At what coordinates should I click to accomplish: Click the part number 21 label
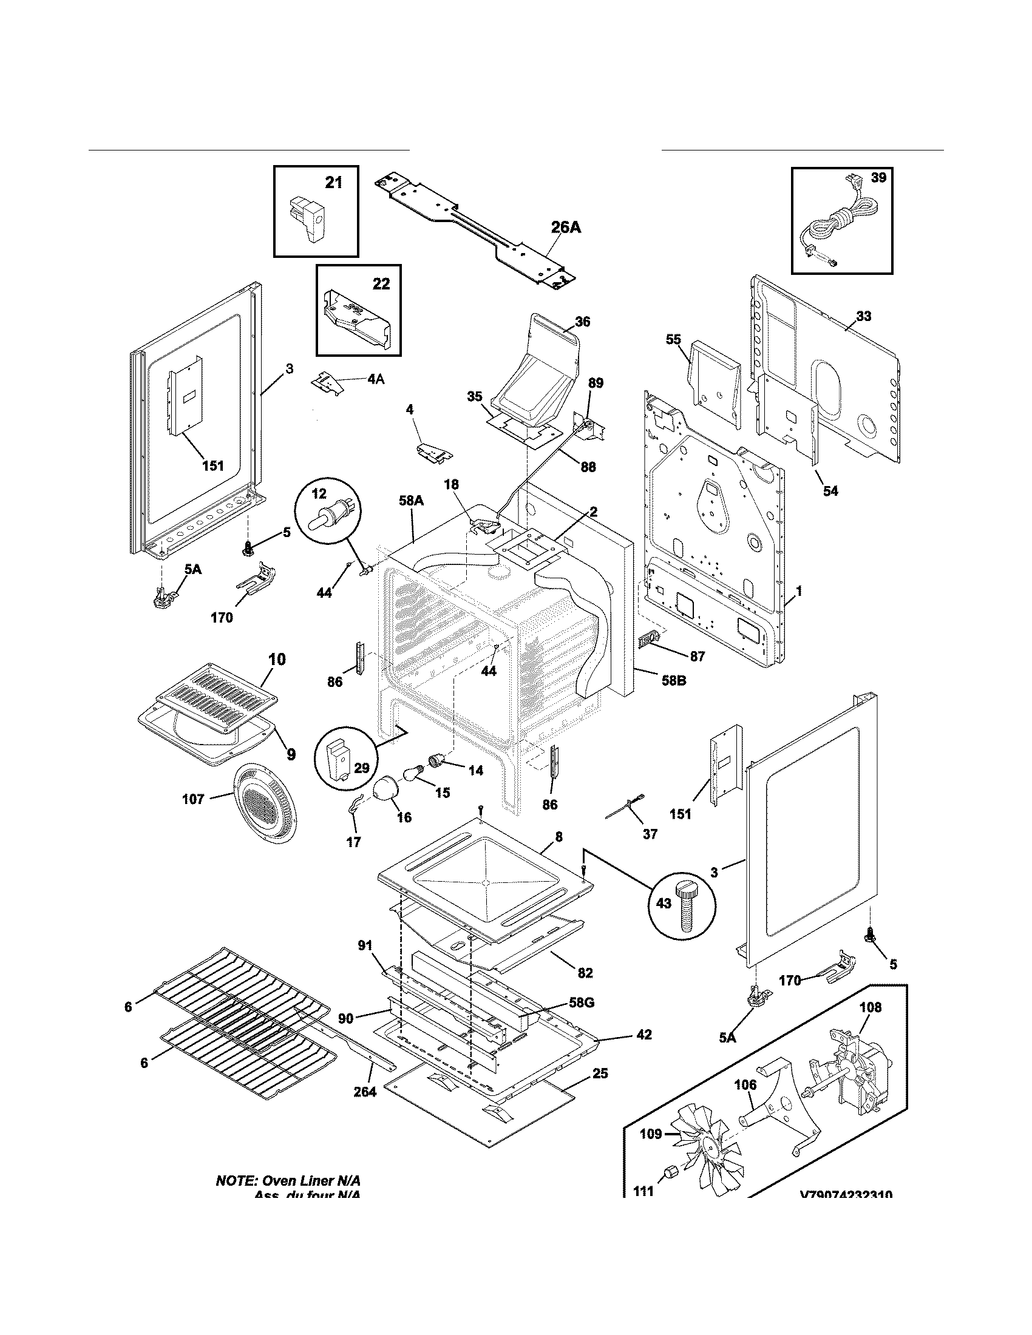click(x=333, y=182)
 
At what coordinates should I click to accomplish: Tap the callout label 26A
click(x=566, y=228)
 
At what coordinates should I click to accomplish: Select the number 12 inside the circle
click(x=319, y=494)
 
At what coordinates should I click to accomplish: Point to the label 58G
click(x=582, y=1002)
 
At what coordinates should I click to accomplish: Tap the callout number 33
click(x=864, y=316)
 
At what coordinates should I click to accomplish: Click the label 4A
click(x=376, y=379)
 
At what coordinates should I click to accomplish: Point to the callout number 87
click(x=697, y=657)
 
